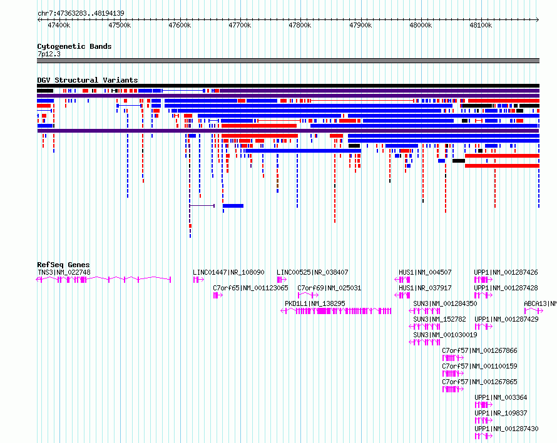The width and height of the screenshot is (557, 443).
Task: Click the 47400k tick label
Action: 59,25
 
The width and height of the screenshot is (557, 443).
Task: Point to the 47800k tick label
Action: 300,25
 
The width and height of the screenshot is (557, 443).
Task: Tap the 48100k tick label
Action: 481,25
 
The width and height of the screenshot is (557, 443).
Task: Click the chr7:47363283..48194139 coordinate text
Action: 81,14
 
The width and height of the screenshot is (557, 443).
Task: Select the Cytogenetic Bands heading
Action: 74,46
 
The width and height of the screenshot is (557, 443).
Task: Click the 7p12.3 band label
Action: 49,54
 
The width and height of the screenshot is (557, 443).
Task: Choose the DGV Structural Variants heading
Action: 88,80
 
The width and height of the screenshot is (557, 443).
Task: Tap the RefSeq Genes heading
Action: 63,265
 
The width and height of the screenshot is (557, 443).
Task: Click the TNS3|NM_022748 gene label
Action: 64,272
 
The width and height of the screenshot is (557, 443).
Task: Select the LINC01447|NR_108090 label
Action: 228,272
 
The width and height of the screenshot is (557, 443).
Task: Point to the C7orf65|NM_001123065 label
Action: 250,288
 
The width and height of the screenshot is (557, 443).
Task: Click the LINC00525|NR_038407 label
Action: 312,272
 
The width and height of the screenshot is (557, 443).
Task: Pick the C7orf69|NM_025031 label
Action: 329,288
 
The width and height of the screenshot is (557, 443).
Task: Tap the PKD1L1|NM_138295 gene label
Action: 315,303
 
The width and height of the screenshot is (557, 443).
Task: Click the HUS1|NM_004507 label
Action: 425,272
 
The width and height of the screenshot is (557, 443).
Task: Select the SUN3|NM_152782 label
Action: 439,319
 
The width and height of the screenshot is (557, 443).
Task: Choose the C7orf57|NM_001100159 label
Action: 479,366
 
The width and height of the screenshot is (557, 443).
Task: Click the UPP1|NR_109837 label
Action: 501,413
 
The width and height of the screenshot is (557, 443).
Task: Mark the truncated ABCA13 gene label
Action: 540,303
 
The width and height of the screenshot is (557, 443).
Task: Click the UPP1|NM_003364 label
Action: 501,397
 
